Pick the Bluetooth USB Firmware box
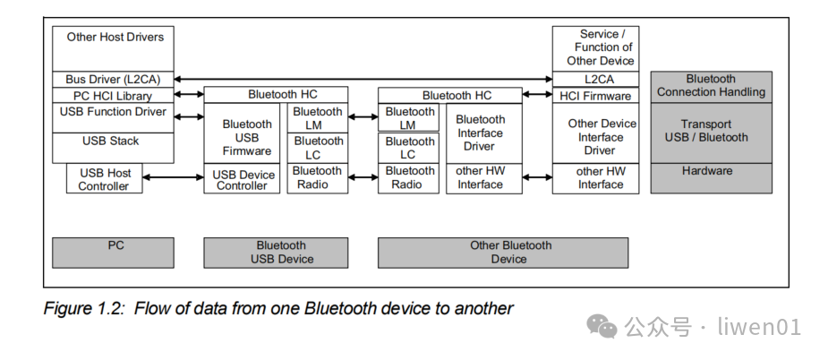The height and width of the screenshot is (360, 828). pos(246,137)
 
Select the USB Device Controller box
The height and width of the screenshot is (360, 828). pos(246,179)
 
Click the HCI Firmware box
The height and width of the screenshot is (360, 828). pos(595,96)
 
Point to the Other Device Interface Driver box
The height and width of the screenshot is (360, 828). pos(602,137)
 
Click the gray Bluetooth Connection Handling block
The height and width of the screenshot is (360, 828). pos(711,86)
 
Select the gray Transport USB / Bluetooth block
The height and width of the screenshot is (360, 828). pos(711,132)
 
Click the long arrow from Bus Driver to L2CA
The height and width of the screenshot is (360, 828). pos(363,80)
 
